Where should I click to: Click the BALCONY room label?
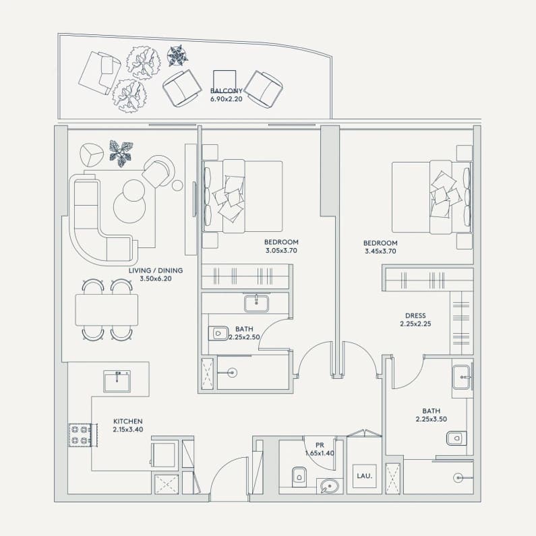pos(227,91)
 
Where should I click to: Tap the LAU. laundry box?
pos(364,476)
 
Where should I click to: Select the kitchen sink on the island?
pos(117,381)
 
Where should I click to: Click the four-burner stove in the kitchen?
pos(80,435)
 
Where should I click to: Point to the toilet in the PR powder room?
pos(299,477)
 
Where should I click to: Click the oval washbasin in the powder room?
pos(330,486)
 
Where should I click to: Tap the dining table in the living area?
pos(107,309)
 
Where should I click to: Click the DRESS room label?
pos(415,316)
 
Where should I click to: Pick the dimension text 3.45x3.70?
pos(380,251)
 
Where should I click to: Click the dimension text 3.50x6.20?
pos(156,278)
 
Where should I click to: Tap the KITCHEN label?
pos(128,421)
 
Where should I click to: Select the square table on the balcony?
pos(225,82)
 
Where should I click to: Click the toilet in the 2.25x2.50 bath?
pos(218,333)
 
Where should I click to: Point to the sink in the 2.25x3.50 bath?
pos(462,378)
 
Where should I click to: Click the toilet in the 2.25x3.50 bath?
pos(456,438)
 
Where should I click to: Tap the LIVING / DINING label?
pos(156,270)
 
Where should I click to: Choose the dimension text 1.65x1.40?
pos(320,453)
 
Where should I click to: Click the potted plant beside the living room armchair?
pos(121,154)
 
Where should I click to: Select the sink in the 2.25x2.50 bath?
pos(256,303)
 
